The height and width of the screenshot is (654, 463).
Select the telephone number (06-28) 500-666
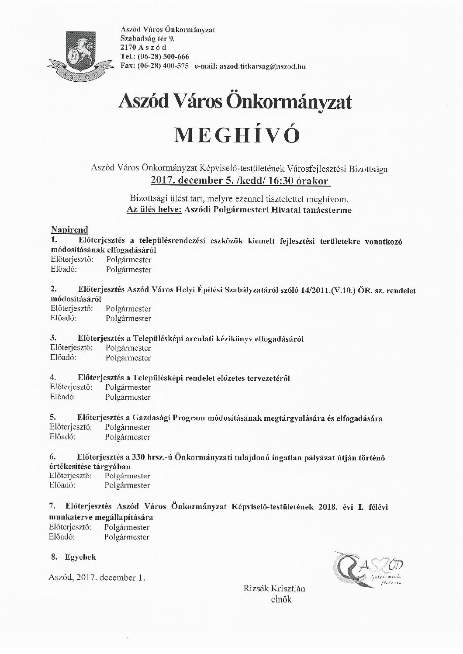click(164, 57)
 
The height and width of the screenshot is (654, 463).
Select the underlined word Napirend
click(69, 230)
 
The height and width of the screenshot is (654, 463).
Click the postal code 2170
click(128, 48)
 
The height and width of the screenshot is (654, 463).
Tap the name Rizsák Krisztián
click(274, 588)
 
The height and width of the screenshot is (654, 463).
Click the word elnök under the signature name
click(281, 599)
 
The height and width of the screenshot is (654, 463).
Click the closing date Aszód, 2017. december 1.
click(97, 578)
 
